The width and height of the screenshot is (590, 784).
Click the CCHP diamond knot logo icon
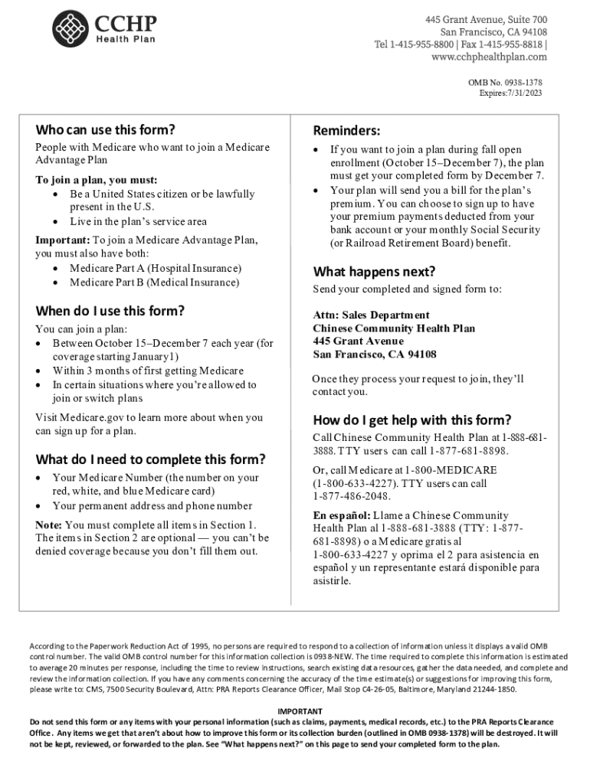(70, 31)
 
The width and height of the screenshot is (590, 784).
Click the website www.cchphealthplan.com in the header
(489, 57)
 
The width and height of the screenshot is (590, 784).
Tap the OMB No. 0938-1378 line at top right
(505, 81)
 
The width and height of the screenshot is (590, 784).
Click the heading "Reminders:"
(346, 131)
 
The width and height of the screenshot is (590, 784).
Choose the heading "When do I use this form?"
(110, 311)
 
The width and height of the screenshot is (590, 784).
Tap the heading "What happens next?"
(374, 272)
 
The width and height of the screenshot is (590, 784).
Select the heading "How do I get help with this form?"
(411, 420)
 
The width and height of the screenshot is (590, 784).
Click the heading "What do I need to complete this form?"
(150, 459)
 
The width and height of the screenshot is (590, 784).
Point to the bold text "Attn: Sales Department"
(371, 315)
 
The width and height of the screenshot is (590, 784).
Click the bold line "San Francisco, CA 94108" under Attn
(375, 354)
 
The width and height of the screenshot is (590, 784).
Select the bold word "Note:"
(49, 524)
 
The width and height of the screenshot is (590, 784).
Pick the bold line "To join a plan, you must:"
(97, 180)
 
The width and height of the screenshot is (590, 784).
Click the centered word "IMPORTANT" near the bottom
(294, 711)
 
